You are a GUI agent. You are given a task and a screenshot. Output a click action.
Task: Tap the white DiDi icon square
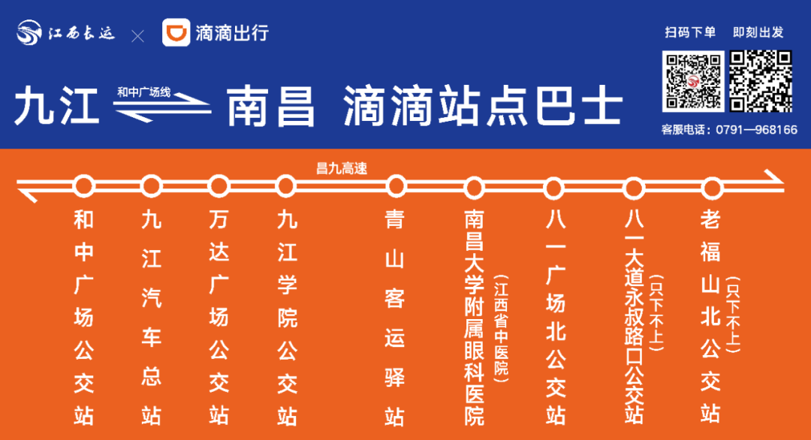[x=176, y=34]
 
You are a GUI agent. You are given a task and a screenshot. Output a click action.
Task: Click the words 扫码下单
[x=689, y=32]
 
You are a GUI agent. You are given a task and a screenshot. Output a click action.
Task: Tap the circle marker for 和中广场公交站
[x=84, y=185]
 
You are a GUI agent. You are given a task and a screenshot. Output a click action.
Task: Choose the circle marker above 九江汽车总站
[x=152, y=185]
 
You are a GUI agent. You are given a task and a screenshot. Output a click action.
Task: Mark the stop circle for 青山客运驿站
[x=395, y=185]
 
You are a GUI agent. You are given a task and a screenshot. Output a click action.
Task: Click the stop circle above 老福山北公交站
[x=710, y=185]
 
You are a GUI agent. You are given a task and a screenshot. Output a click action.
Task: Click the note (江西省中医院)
[x=501, y=326]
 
